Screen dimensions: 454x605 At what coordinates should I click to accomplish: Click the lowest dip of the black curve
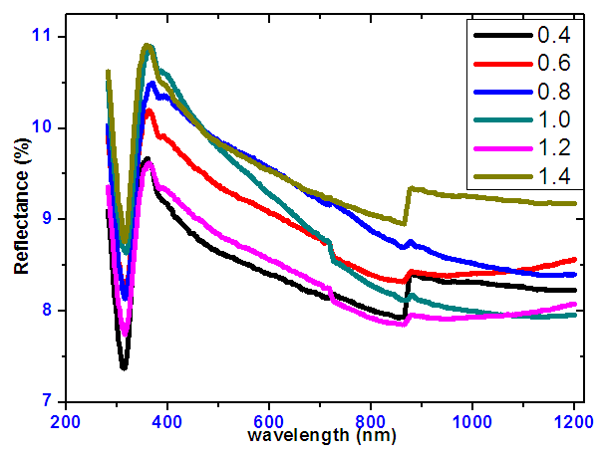(124, 367)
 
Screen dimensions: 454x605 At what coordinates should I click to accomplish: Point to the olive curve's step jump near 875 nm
(407, 205)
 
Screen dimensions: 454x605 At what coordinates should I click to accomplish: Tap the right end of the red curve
(575, 259)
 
